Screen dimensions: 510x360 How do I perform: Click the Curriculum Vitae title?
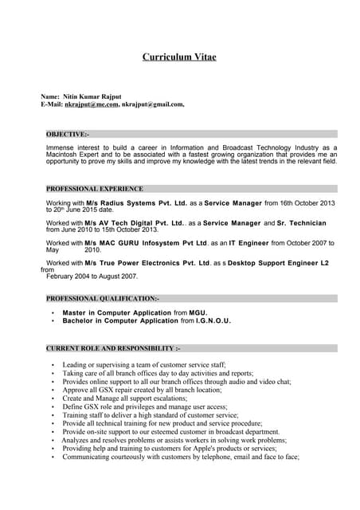click(x=179, y=57)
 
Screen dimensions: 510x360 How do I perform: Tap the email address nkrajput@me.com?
click(x=92, y=104)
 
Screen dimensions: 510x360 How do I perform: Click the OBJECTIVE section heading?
click(x=68, y=135)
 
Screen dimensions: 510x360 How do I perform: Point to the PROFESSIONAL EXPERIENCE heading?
click(x=95, y=189)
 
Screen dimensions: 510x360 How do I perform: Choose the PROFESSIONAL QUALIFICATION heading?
click(x=103, y=297)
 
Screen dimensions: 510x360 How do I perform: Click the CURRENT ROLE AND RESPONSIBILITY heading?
click(x=113, y=348)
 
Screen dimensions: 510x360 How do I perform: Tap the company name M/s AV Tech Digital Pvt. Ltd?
click(x=135, y=223)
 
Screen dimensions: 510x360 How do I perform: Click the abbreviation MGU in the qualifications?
click(x=198, y=312)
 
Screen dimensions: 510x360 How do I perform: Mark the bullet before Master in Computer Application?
click(x=53, y=312)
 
